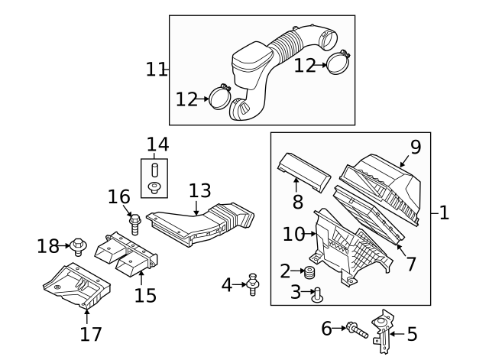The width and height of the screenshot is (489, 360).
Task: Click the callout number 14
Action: point(158,144)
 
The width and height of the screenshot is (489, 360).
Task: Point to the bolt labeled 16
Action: point(135,224)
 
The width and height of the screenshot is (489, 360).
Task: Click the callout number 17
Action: point(89,334)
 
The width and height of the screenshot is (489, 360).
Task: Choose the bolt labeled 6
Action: point(355,329)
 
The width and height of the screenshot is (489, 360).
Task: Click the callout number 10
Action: point(293,234)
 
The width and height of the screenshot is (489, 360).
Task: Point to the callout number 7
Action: point(411,264)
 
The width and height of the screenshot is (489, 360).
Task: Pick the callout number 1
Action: point(443,213)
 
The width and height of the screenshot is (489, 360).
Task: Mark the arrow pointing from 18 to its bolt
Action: point(66,246)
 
